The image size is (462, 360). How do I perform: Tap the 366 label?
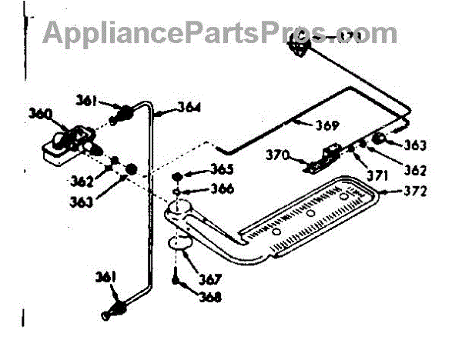pyautogui.click(x=203, y=188)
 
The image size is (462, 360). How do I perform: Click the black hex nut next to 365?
pyautogui.click(x=177, y=174)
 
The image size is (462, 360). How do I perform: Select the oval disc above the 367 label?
pyautogui.click(x=181, y=245)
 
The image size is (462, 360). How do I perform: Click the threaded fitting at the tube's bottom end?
pyautogui.click(x=115, y=309)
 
